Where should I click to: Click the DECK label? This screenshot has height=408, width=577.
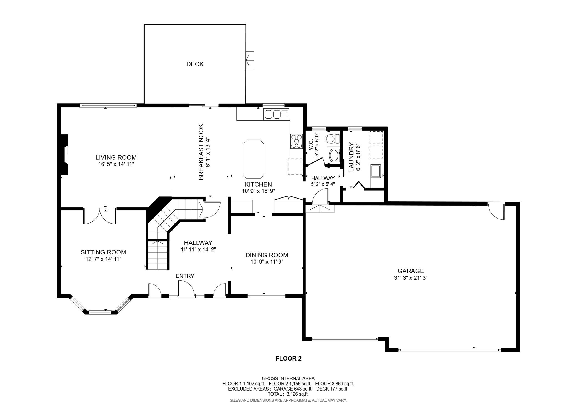tap(195, 64)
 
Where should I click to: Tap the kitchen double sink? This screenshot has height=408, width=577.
tap(273, 114)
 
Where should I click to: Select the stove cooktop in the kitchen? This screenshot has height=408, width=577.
tap(296, 141)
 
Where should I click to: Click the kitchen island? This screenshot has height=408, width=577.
tap(253, 159)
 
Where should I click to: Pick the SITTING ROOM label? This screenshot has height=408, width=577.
tap(103, 252)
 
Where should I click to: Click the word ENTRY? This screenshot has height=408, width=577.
tap(185, 276)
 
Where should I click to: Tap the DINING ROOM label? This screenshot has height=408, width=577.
tap(267, 255)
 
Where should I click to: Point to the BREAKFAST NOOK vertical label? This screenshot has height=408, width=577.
tap(201, 152)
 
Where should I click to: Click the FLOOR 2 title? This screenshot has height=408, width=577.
tap(288, 358)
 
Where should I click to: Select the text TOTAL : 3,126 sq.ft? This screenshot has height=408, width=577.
tap(288, 394)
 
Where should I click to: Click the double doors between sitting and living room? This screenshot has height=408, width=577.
tap(100, 216)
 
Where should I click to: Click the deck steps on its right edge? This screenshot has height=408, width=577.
tap(250, 60)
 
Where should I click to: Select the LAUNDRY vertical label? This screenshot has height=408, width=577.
tap(351, 157)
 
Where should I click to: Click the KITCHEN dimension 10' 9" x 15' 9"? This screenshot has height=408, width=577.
tap(258, 191)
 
